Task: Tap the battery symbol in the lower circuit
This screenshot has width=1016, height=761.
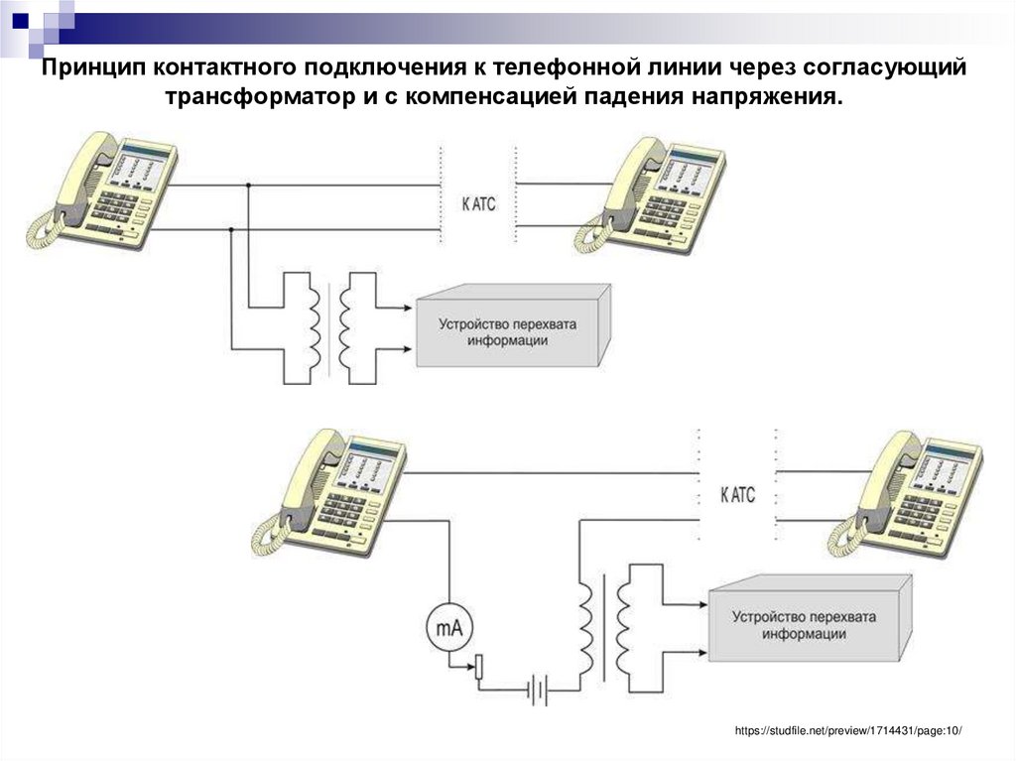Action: [537, 688]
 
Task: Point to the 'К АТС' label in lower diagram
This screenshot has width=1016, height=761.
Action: [737, 495]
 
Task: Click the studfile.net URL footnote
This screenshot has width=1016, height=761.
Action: [848, 731]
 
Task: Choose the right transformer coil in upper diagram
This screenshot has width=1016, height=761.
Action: [348, 328]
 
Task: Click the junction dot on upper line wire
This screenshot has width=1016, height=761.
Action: [249, 185]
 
